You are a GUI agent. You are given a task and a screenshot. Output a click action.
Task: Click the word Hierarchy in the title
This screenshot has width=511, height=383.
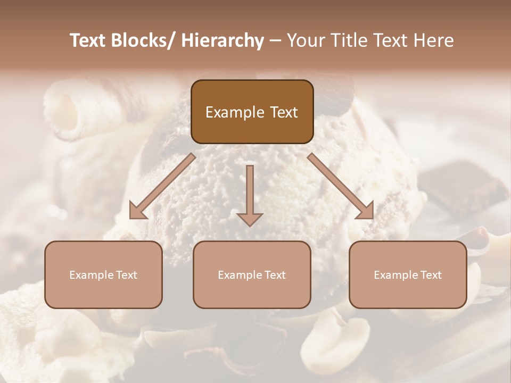(x=222, y=40)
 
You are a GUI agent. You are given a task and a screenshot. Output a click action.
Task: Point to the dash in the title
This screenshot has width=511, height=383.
(x=275, y=41)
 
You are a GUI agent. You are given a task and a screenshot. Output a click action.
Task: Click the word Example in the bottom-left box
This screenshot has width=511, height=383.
(x=87, y=275)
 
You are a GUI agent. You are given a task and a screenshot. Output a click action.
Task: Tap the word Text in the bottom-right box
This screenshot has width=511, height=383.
(x=431, y=275)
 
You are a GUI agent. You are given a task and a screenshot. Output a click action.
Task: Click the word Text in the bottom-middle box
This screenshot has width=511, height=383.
(x=275, y=275)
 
